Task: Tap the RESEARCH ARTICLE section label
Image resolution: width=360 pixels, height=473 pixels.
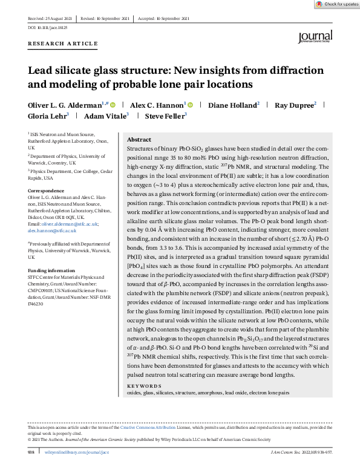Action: [x=62, y=44]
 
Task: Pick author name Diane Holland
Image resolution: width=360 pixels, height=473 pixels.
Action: [x=232, y=105]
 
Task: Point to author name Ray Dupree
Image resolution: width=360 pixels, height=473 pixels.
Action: [x=294, y=105]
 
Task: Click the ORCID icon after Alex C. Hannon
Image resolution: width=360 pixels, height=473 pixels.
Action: [x=190, y=105]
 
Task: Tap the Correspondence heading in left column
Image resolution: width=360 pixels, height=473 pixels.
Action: [x=46, y=191]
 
